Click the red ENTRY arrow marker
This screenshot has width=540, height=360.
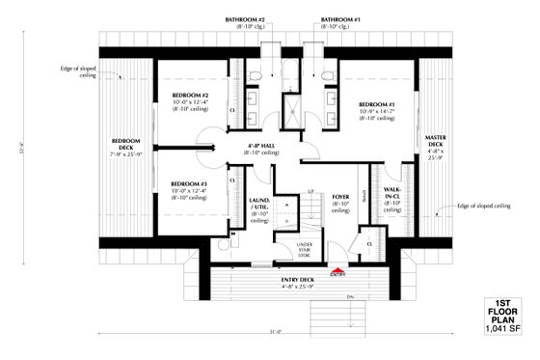tap(337, 270)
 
